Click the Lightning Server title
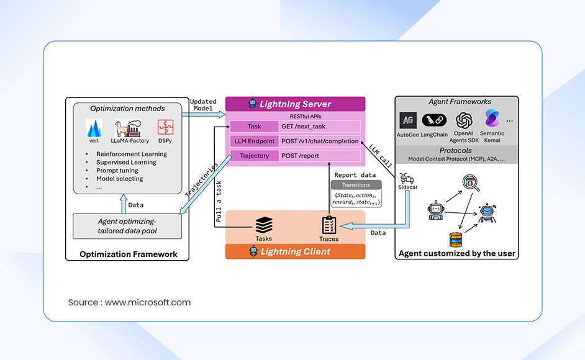(x=295, y=104)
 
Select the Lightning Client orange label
(x=295, y=251)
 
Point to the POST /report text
(x=300, y=156)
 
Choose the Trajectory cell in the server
(x=253, y=156)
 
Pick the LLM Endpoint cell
(x=253, y=141)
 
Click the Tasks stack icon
(x=263, y=225)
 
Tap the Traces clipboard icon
(x=329, y=225)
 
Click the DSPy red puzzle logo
(x=165, y=128)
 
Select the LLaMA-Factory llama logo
(x=129, y=128)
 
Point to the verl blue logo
(x=94, y=128)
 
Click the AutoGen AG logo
(x=408, y=120)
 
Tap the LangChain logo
(x=435, y=120)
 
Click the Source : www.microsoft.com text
(x=129, y=302)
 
